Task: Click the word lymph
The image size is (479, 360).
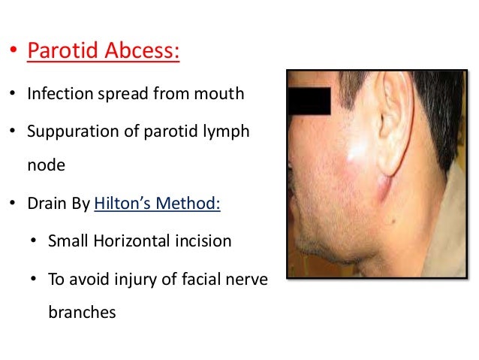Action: point(229,132)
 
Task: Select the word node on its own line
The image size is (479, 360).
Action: point(46,167)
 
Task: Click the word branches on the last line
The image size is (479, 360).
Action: point(82,312)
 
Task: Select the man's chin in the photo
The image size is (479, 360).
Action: point(312,248)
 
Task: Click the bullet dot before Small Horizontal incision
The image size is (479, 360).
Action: point(35,242)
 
